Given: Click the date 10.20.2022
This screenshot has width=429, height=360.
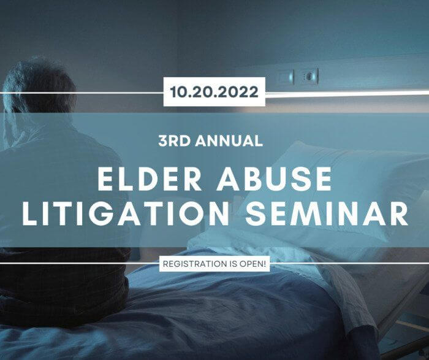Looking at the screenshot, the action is click(x=214, y=92).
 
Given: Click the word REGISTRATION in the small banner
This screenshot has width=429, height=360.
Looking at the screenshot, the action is click(x=194, y=264).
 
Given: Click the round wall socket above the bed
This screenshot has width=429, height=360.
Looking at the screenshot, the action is click(x=309, y=77).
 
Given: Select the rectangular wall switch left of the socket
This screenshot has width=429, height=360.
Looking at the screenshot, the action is click(x=286, y=77).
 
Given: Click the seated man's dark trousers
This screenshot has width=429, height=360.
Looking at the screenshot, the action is click(x=63, y=288).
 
